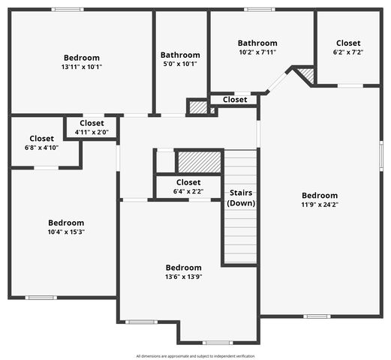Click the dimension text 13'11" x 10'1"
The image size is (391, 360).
[x=82, y=67]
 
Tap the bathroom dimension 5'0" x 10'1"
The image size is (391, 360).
[x=180, y=64]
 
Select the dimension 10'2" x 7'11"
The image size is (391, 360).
[x=257, y=52]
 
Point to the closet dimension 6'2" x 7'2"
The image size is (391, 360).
[x=348, y=52]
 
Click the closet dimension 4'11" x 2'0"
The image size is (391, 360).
[x=92, y=132]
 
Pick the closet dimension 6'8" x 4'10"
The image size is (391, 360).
[x=41, y=148]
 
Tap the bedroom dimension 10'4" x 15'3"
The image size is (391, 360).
[x=66, y=232]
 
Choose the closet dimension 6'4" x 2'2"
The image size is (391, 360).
[x=188, y=191]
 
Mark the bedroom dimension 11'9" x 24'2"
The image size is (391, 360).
[x=320, y=205]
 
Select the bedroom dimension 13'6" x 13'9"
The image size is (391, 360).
[x=184, y=277]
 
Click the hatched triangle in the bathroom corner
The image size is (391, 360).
[x=305, y=76]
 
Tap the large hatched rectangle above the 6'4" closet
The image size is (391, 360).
[x=199, y=161]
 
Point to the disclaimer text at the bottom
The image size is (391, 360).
[x=195, y=355]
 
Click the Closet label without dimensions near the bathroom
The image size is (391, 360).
[x=235, y=99]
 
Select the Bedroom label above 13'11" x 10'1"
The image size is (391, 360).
[x=82, y=58]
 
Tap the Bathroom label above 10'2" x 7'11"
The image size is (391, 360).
[x=257, y=43]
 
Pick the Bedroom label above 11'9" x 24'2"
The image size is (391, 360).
[x=320, y=196]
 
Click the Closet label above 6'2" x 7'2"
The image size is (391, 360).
[x=348, y=43]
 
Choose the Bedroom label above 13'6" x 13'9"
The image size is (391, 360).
[x=184, y=268]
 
